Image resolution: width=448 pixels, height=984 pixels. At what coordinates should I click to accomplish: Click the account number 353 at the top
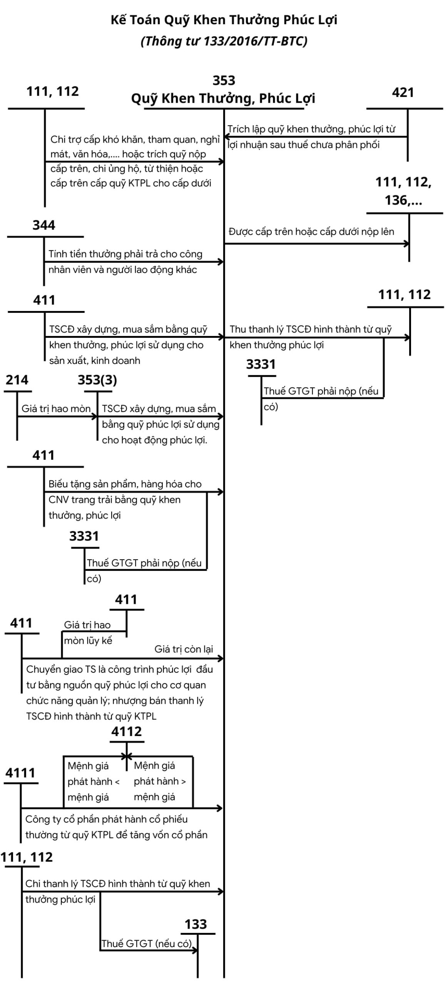(x=224, y=80)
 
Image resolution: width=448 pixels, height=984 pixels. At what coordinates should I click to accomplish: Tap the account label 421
(x=403, y=93)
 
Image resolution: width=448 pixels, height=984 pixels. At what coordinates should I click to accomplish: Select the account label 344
(x=43, y=225)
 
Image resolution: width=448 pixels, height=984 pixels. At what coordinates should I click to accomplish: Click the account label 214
(x=17, y=380)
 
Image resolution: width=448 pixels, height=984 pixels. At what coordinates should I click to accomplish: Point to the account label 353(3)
(x=97, y=380)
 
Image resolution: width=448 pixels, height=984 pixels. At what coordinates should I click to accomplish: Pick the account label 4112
(x=126, y=731)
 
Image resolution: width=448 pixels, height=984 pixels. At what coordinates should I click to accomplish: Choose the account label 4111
(x=20, y=773)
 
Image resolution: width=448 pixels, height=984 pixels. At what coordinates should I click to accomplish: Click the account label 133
(x=196, y=924)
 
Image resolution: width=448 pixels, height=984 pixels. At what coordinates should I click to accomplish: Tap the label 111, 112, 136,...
(x=403, y=191)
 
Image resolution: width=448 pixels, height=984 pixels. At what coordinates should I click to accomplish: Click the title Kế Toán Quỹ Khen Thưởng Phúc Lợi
(x=224, y=20)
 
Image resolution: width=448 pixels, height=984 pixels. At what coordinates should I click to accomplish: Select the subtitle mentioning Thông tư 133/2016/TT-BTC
(x=224, y=41)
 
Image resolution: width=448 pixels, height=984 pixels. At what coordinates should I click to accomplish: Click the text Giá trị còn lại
(x=184, y=649)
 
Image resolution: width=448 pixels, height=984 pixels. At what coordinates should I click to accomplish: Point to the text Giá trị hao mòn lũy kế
(x=88, y=633)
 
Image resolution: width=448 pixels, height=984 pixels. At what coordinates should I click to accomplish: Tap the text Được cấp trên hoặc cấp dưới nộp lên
(x=311, y=232)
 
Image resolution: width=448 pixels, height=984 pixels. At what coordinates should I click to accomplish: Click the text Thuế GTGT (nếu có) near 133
(x=146, y=944)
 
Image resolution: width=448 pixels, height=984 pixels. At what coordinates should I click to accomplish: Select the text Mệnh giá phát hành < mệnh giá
(x=93, y=781)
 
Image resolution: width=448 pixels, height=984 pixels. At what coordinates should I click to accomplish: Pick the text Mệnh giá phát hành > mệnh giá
(x=159, y=781)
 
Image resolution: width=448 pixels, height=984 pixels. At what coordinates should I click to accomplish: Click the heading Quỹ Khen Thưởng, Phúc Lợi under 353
(x=223, y=98)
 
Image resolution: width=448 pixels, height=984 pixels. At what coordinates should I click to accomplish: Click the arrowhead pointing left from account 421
(x=227, y=137)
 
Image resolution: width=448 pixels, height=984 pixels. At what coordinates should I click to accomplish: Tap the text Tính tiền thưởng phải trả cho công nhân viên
(x=125, y=262)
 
